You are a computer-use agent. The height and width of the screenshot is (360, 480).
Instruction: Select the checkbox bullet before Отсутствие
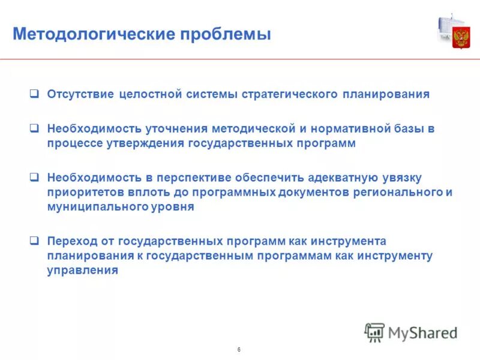(35, 94)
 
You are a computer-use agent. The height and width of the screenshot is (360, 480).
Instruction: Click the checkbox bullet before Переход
(35, 242)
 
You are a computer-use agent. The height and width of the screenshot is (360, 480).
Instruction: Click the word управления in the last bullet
(82, 271)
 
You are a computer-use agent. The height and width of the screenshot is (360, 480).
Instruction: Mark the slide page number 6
(239, 349)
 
